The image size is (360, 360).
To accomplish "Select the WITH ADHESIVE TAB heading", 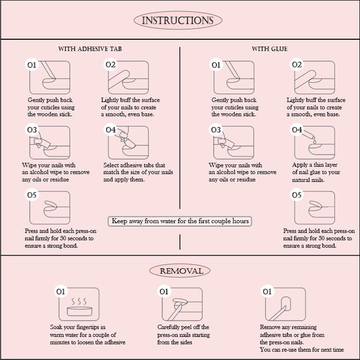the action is (90, 48).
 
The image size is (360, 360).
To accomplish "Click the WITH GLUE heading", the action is (270, 48).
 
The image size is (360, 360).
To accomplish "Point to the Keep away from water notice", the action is (180, 221).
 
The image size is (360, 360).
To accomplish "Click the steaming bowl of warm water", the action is (79, 308).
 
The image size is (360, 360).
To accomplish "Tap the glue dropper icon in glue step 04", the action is (310, 137).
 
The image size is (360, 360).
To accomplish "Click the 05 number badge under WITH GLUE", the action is (297, 194).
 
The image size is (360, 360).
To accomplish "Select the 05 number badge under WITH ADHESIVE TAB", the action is (31, 194).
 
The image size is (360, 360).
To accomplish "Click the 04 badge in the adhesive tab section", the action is (111, 130).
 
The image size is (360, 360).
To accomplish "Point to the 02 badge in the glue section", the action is (297, 65).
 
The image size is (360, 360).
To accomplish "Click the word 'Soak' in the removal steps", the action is (56, 327).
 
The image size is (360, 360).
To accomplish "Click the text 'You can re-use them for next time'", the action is (302, 350).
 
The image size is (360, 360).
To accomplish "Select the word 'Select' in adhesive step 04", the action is (111, 165).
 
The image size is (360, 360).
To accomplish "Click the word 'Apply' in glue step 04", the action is (300, 165).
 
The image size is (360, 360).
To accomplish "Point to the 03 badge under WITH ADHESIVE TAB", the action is (31, 130).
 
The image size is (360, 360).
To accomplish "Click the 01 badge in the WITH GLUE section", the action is (216, 65).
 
